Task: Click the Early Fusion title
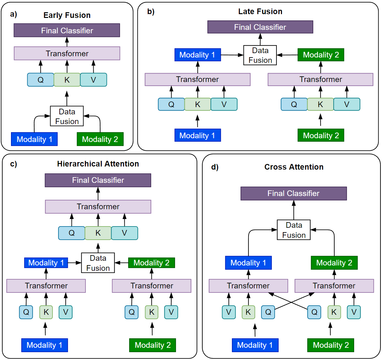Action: [x=67, y=15]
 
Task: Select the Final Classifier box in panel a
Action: [x=67, y=30]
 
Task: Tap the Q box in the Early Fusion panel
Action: [x=41, y=80]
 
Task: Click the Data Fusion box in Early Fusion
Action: [x=67, y=116]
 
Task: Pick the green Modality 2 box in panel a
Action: [x=100, y=139]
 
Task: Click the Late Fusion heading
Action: [x=260, y=12]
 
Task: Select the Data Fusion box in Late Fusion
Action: [x=260, y=55]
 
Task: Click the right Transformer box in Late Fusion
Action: [x=320, y=79]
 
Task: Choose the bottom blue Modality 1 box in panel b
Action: [x=198, y=135]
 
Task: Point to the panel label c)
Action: [x=14, y=164]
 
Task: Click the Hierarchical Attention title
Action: [x=98, y=164]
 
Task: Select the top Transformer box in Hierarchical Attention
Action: [x=98, y=207]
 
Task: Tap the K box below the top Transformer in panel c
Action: [x=98, y=233]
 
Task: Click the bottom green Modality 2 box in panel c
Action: [x=152, y=345]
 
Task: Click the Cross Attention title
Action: [x=294, y=167]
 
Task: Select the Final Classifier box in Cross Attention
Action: [x=293, y=194]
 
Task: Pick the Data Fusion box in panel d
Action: [x=294, y=230]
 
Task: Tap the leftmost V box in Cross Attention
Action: [x=229, y=312]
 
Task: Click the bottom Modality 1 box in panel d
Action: [x=255, y=345]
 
